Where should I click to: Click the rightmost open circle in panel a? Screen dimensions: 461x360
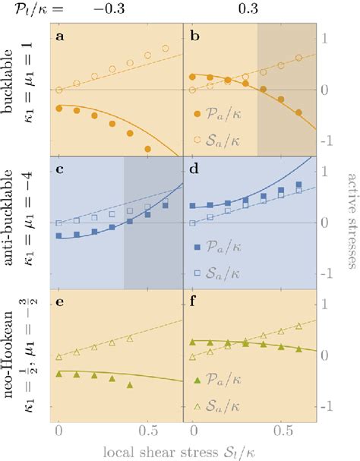tap(166, 49)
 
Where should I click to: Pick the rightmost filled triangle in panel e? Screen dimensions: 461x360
tap(130, 385)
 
